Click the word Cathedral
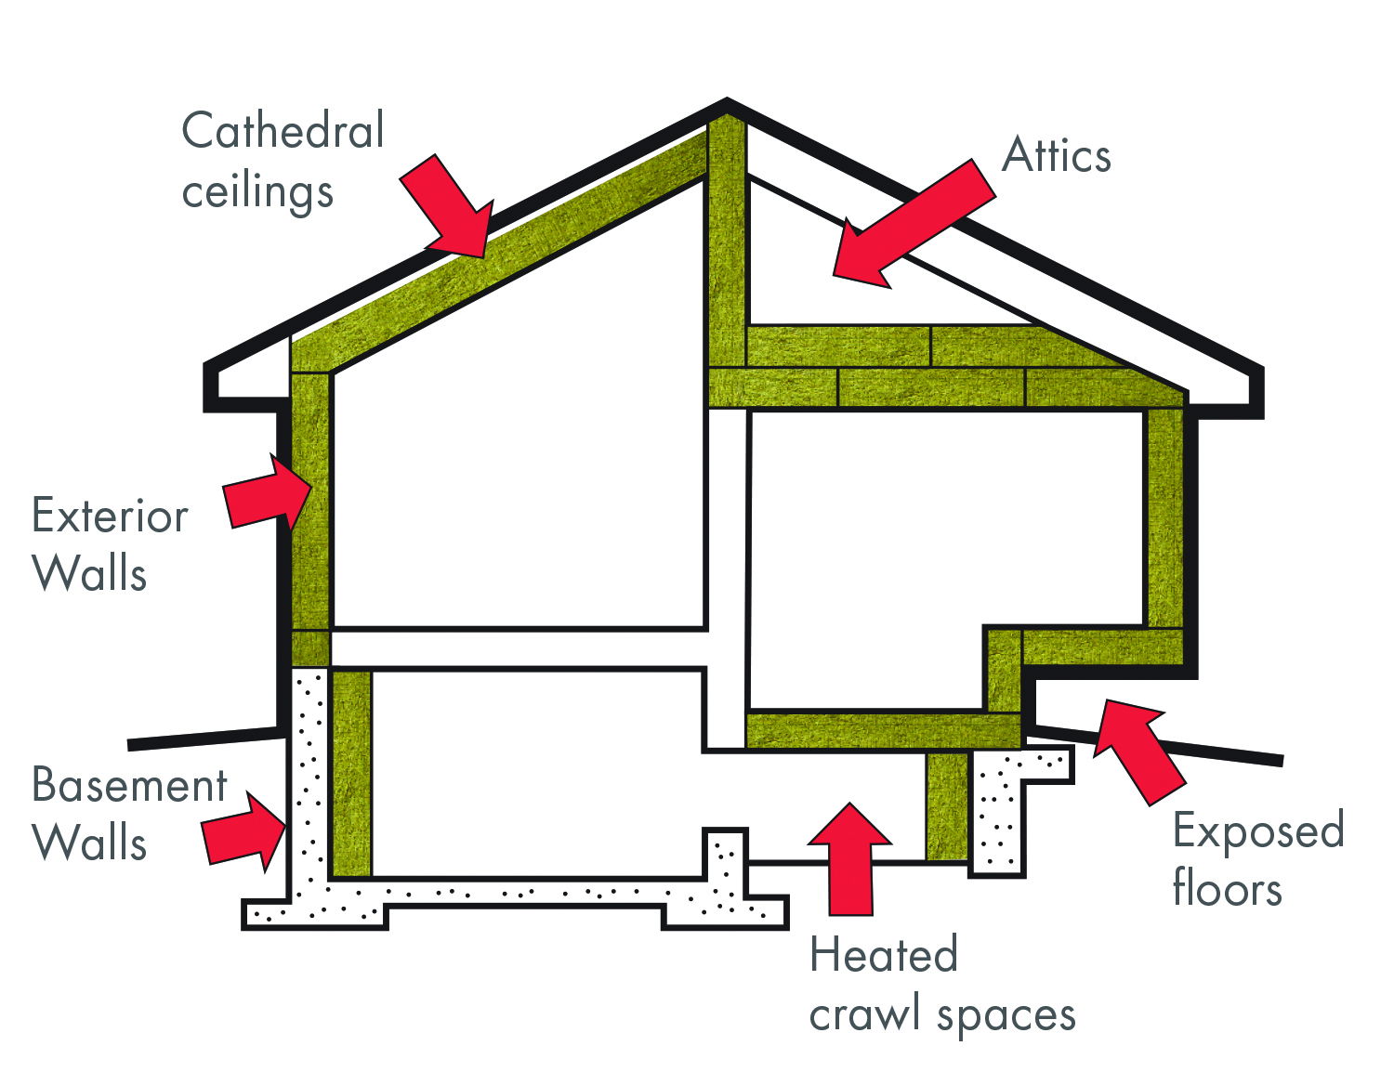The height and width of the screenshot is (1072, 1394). pos(283,130)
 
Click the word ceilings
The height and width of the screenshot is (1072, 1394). pos(257,192)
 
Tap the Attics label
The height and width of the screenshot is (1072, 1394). pos(1057,155)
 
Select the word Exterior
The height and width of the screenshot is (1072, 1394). pos(110,516)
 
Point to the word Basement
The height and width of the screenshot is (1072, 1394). pos(129,786)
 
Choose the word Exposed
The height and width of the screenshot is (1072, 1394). pos(1258,830)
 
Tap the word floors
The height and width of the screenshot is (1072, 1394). pos(1227,888)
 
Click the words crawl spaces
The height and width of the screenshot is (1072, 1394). pos(942,1014)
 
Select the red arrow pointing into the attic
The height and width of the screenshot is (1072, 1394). pos(911,223)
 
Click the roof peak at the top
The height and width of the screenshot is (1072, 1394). pos(727,104)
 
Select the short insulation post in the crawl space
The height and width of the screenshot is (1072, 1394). pos(947,806)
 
